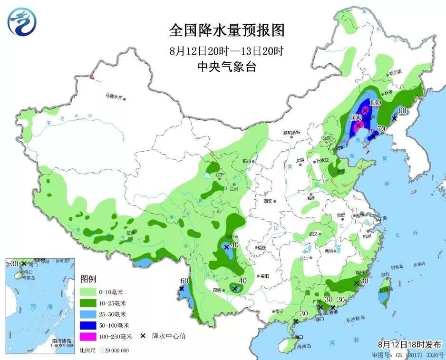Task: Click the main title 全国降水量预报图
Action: [x=227, y=31]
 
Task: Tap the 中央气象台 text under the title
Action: [x=227, y=68]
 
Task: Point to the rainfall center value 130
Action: [x=376, y=102]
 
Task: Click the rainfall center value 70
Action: [x=380, y=128]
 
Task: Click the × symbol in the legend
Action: [x=142, y=336]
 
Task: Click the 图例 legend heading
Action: [x=88, y=278]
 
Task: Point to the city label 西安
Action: [x=269, y=201]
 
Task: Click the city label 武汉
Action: [x=312, y=234]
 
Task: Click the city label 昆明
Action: [x=217, y=290]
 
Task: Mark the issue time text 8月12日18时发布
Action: [x=409, y=344]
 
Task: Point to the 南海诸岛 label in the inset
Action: [x=61, y=341]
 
